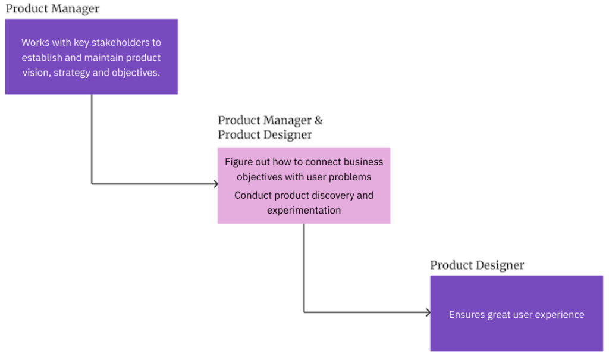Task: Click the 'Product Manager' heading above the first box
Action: pos(52,9)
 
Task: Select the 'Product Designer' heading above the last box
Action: pos(477,265)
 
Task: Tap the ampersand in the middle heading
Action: pos(319,120)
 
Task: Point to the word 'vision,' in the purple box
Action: pos(36,73)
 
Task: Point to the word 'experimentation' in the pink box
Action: pos(304,210)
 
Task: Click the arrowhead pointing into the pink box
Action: pos(215,184)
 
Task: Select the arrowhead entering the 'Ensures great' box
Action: pos(428,312)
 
